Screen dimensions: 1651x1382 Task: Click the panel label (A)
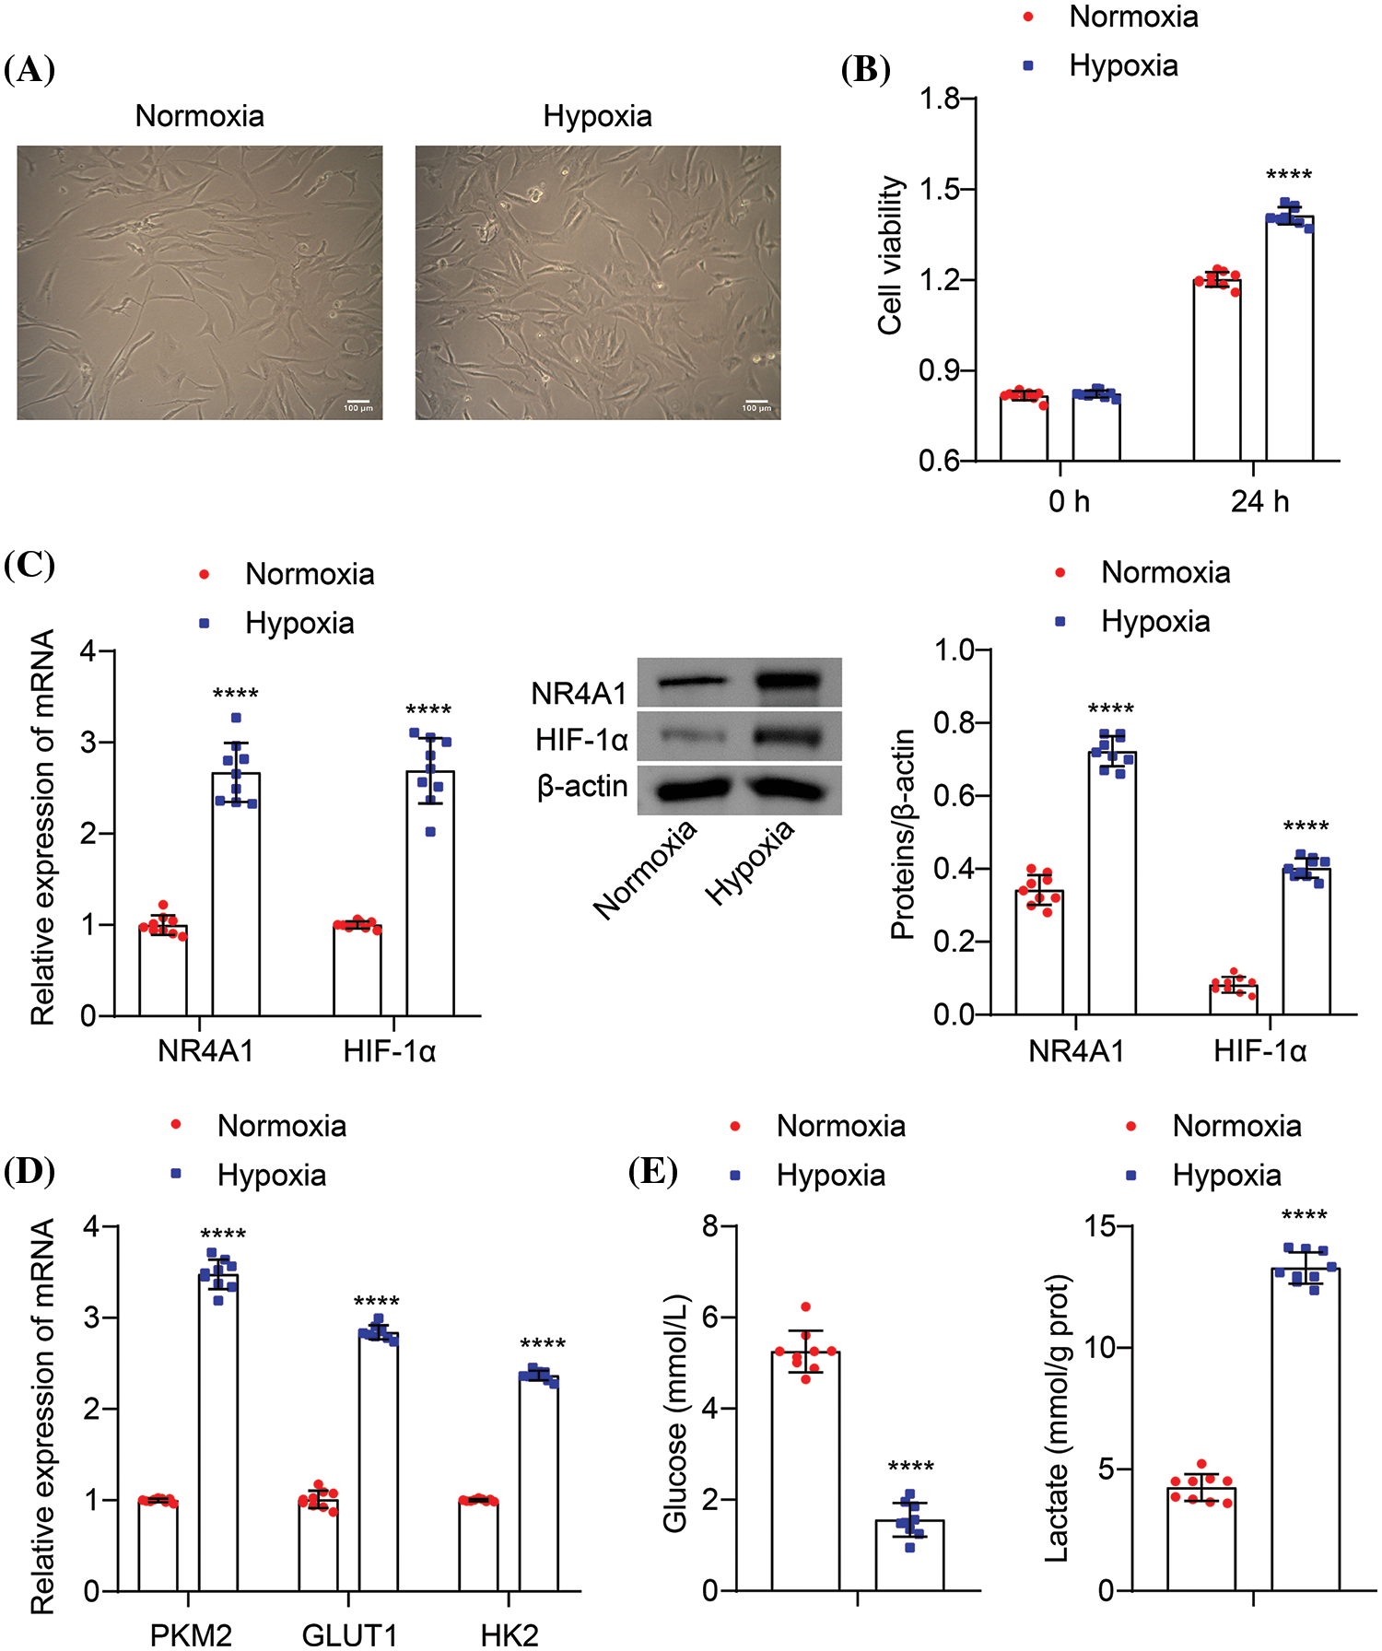tap(29, 70)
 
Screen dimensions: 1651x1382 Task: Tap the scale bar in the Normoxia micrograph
tap(358, 403)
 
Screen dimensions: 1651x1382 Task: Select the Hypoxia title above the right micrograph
tap(597, 117)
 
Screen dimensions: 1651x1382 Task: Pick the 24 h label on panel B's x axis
tap(1259, 502)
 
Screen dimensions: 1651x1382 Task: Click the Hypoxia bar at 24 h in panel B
tap(1289, 341)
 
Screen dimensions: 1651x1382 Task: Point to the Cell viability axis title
tap(890, 256)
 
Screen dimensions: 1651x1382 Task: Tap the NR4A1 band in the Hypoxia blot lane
tap(788, 683)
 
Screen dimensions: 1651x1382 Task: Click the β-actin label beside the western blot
tap(582, 787)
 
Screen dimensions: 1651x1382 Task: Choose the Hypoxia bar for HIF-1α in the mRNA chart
tap(430, 894)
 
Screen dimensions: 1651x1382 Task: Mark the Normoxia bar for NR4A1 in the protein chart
tap(1039, 954)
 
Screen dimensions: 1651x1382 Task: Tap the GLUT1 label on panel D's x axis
tap(349, 1636)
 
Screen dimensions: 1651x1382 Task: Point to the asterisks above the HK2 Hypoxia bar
tap(543, 1344)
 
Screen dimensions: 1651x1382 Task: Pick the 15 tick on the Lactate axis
tap(1099, 1227)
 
